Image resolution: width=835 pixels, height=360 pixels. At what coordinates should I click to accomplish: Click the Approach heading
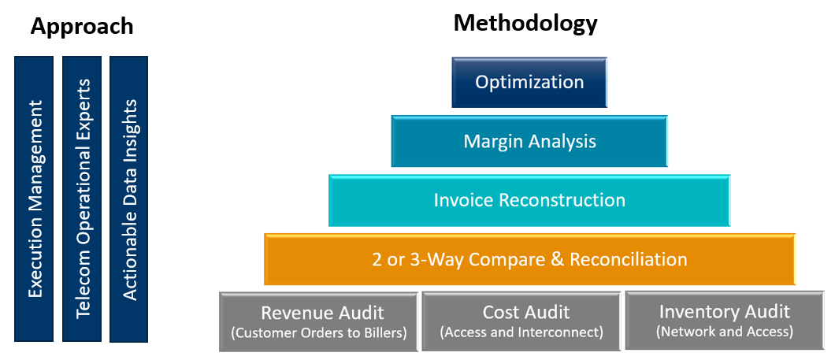[81, 26]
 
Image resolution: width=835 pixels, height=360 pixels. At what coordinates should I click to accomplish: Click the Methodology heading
[525, 24]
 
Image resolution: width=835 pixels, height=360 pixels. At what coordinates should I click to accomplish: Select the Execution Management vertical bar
[34, 199]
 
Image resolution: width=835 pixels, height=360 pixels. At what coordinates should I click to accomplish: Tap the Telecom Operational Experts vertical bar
[82, 199]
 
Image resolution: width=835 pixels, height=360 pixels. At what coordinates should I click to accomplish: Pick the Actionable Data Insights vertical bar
[129, 199]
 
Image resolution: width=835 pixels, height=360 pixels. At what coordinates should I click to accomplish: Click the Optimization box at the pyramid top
[529, 83]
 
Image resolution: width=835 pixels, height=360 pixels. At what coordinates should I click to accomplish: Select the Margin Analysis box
[529, 141]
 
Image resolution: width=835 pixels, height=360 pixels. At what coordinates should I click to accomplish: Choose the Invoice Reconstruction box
[529, 200]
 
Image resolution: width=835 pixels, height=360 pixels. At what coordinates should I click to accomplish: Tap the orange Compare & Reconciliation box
[529, 259]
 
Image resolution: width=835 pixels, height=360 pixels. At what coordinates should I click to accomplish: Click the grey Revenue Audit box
[318, 321]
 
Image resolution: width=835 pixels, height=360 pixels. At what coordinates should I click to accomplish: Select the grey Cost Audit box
[521, 321]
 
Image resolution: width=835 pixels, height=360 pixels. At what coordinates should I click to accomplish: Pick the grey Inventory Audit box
[724, 321]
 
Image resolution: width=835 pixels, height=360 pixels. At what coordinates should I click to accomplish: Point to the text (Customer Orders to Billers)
[318, 333]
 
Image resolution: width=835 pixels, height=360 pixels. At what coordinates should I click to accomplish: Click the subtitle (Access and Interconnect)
[521, 333]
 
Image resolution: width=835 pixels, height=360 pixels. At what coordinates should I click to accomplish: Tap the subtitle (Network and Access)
[724, 332]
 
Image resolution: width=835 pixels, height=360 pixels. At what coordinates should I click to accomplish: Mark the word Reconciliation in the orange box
[629, 259]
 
